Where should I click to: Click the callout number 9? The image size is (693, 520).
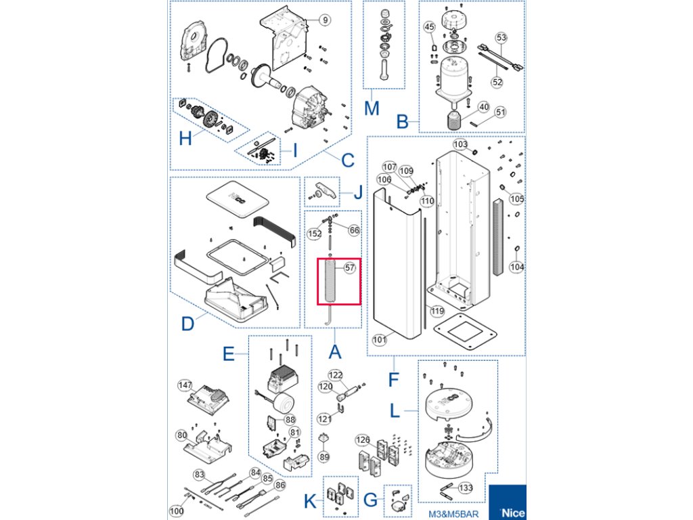(x=325, y=20)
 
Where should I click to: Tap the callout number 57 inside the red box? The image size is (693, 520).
(x=349, y=267)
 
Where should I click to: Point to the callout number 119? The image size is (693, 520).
(x=437, y=311)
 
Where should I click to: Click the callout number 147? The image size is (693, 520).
(x=185, y=385)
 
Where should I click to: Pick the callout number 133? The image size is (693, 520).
(x=466, y=488)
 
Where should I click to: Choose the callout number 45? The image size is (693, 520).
(x=429, y=26)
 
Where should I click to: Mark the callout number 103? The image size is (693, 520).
(x=460, y=145)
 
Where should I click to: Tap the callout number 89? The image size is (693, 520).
(x=324, y=457)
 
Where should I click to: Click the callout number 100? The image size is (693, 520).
(x=176, y=511)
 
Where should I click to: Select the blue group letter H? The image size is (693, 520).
(x=185, y=139)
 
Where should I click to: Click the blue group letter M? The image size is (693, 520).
(x=372, y=108)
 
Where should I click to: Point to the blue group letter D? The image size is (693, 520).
(x=188, y=324)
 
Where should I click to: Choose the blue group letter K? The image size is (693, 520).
(x=309, y=502)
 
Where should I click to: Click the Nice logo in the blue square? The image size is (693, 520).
(x=511, y=513)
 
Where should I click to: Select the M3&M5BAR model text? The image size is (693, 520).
(x=453, y=513)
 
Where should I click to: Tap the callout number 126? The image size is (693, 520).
(x=364, y=440)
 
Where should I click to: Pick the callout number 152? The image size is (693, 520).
(x=315, y=234)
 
